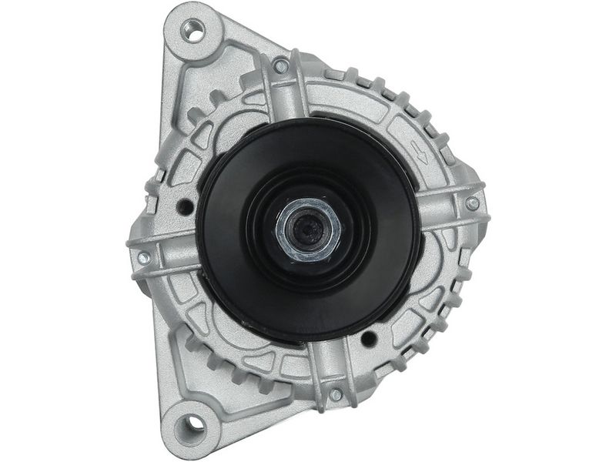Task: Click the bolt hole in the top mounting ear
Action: click(x=194, y=31)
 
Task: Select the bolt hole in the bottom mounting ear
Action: click(x=191, y=423)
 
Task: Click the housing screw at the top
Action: click(x=281, y=66)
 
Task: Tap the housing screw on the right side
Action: click(x=472, y=203)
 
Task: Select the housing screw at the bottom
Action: click(x=336, y=395)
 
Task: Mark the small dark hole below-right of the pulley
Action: click(x=369, y=337)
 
